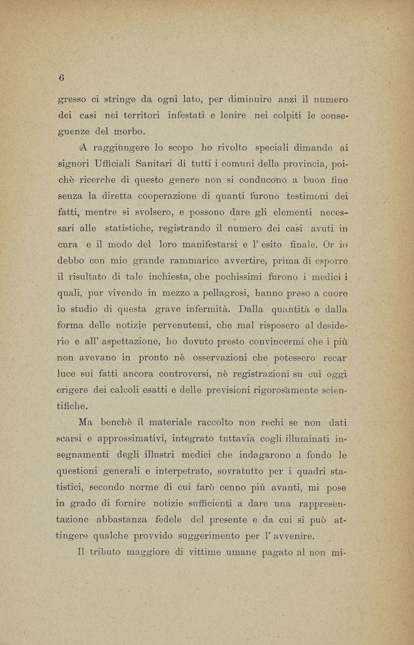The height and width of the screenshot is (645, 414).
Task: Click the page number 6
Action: point(61,78)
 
